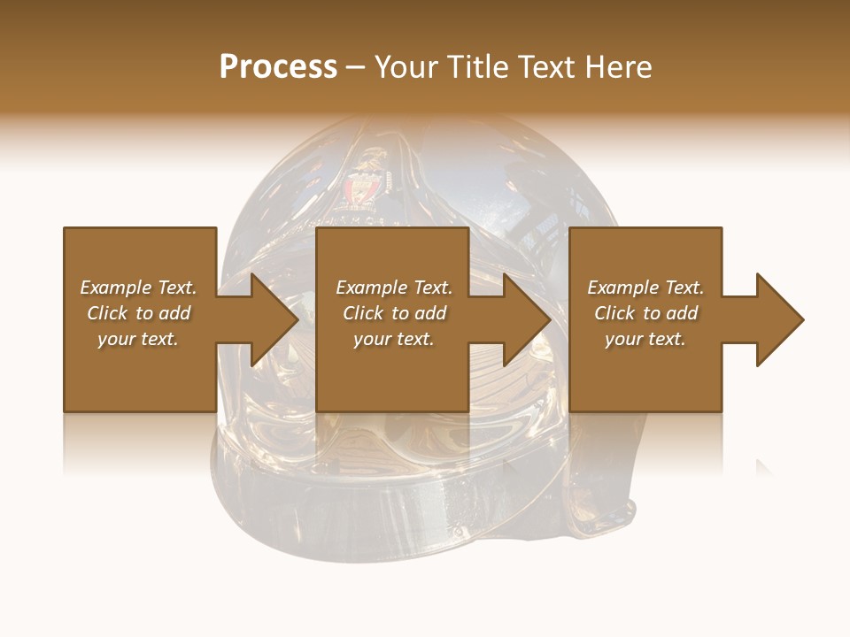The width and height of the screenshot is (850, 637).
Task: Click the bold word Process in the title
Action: [x=278, y=67]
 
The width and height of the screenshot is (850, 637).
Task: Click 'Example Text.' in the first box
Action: [x=138, y=288]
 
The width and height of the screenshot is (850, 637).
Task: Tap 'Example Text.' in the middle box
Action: [x=394, y=288]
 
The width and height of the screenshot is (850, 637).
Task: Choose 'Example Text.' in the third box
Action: [x=645, y=288]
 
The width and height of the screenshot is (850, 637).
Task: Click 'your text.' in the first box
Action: [x=138, y=339]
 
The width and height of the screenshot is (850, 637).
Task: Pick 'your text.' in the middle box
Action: [x=394, y=339]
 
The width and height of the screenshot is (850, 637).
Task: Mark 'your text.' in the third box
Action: [x=645, y=339]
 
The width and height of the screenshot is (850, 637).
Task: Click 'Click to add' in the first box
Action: [x=138, y=313]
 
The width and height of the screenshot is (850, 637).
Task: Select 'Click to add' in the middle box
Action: [x=394, y=313]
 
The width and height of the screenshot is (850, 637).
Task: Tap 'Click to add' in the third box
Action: [x=645, y=313]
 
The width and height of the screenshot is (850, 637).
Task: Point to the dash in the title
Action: [x=356, y=67]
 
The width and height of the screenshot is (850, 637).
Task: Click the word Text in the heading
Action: [x=547, y=67]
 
